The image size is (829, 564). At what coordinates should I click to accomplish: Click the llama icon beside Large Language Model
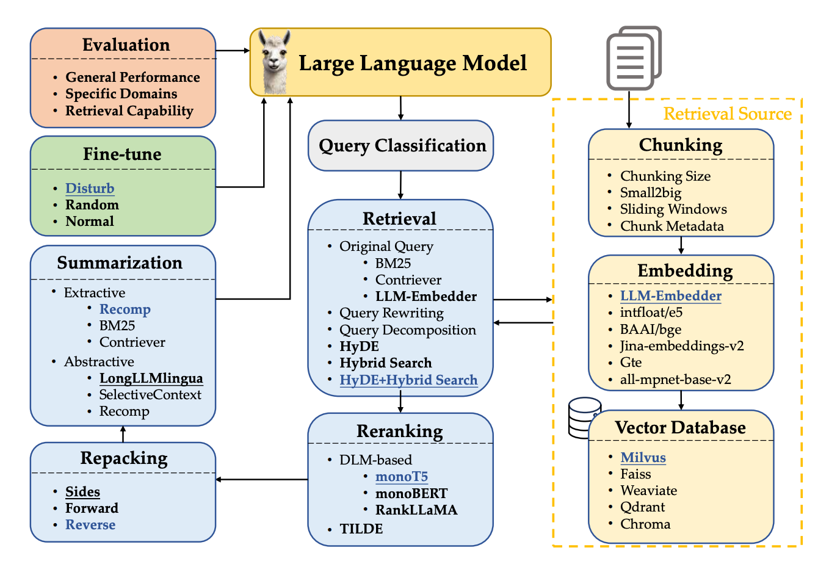pos(274,62)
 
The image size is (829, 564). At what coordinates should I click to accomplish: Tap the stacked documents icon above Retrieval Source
pos(633,58)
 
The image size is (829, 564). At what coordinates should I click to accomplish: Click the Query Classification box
pos(401,146)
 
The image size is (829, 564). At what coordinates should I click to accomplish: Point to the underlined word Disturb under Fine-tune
pos(90,189)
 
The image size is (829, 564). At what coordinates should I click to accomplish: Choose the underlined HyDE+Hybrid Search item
pos(408,380)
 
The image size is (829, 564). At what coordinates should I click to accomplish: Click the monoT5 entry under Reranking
pos(401,477)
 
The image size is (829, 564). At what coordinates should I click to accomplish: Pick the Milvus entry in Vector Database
pos(643,458)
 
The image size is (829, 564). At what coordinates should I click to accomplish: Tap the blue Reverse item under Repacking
pos(90,525)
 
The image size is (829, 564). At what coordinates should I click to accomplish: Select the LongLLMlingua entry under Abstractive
pos(151,378)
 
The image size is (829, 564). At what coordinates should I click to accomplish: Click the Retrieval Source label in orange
pos(727,114)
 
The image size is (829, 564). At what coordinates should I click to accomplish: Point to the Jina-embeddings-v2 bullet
pos(682,346)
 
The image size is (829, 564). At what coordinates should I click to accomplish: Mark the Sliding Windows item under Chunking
pos(673,209)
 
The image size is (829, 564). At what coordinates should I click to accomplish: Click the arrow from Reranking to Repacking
pos(262,480)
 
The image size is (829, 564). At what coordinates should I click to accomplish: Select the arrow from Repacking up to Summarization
pos(123,434)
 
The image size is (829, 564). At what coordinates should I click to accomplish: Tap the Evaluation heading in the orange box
pos(126,45)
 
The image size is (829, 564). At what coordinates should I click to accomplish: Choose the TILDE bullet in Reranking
pos(361,529)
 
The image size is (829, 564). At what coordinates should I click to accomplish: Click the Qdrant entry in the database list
pos(642,507)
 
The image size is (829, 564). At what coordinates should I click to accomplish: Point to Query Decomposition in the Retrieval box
pos(407,330)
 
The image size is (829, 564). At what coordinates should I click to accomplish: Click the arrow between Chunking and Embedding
pos(681,245)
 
